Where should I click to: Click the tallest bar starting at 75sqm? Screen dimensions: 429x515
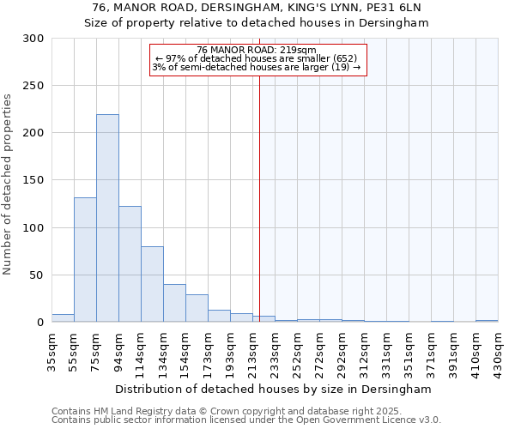coord(107,219)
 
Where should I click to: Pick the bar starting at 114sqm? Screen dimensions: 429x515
coord(152,284)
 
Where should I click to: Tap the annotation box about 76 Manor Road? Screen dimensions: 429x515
coord(257,59)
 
